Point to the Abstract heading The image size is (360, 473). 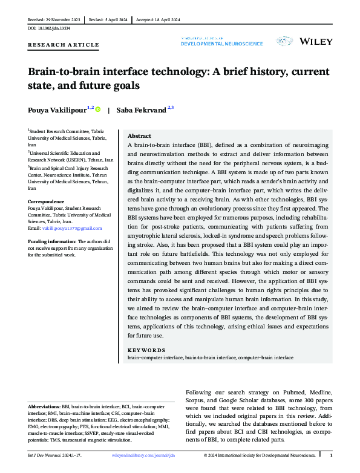pos(140,136)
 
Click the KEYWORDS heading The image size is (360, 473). pos(146,350)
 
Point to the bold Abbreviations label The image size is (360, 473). pos(44,407)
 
